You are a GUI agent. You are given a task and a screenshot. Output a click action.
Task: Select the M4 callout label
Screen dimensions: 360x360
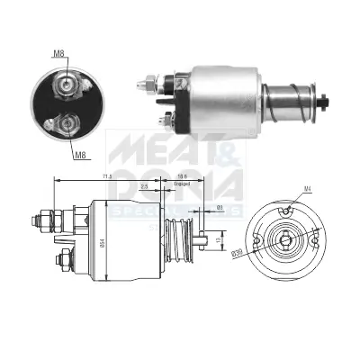pos(307,187)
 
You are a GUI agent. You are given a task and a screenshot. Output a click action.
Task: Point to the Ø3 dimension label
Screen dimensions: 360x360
pos(220,208)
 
